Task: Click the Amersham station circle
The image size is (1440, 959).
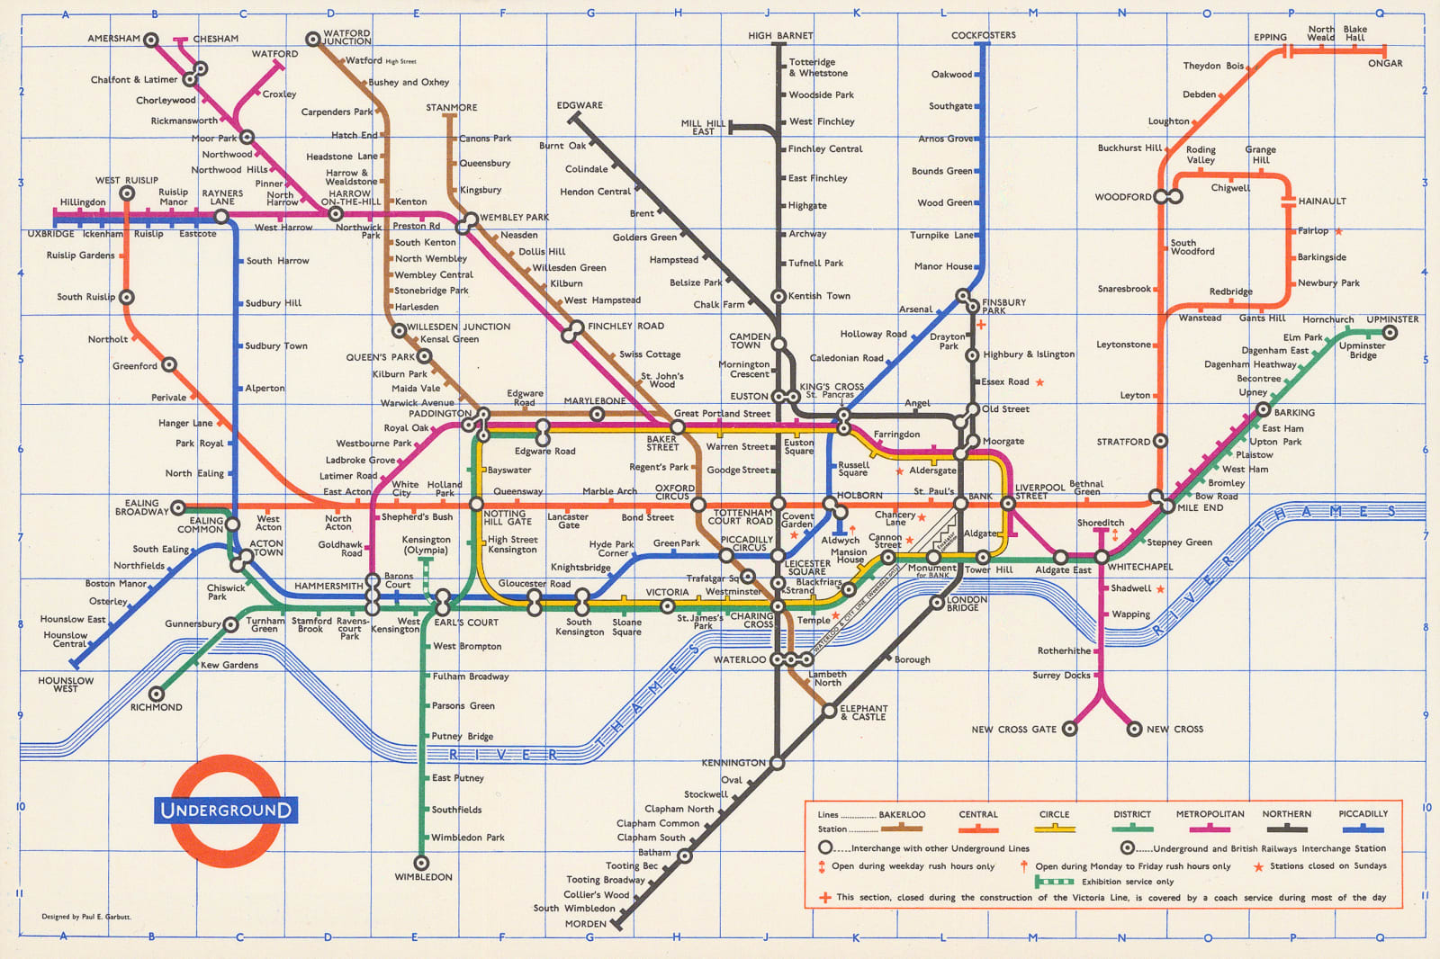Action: [151, 40]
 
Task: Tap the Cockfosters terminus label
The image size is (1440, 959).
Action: [983, 36]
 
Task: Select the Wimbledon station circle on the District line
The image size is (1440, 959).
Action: [421, 863]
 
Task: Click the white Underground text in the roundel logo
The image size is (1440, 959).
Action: [225, 810]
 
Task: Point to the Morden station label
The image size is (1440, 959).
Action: [586, 924]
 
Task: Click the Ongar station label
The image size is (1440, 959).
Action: [1385, 63]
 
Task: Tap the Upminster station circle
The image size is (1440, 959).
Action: [1390, 333]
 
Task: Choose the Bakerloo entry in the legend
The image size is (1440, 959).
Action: [902, 815]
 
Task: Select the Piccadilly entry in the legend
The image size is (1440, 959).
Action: [1363, 814]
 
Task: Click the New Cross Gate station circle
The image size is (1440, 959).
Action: [1069, 729]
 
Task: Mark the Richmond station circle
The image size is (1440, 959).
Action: [157, 694]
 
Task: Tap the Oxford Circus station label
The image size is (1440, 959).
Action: [674, 492]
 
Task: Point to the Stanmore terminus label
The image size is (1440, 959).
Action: [452, 107]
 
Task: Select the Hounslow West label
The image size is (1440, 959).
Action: [66, 685]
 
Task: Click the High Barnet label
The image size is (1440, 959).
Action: [780, 36]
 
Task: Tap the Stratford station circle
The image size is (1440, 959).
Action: [1160, 441]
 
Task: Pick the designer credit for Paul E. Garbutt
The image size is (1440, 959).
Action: [86, 917]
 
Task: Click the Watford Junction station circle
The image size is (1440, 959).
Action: [312, 39]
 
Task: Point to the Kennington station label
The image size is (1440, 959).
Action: [733, 763]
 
